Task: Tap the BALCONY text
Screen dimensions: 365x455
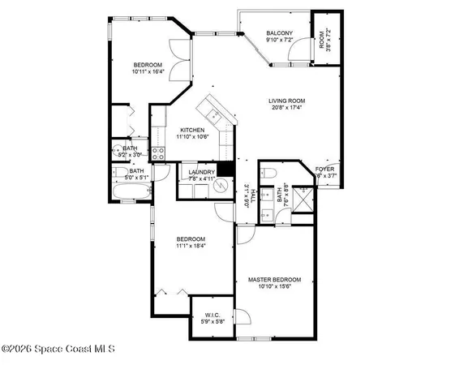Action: click(279, 32)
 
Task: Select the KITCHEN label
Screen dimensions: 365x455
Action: click(192, 131)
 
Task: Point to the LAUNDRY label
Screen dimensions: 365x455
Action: click(200, 172)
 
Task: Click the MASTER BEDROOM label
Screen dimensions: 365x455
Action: click(274, 279)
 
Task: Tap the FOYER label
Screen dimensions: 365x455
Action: click(325, 169)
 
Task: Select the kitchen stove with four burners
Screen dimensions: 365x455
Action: click(159, 151)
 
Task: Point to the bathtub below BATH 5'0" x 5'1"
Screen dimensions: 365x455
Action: click(131, 193)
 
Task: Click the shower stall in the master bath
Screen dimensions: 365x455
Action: click(303, 199)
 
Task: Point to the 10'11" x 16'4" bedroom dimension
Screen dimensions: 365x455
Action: click(148, 71)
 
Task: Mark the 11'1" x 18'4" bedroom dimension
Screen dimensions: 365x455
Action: click(192, 246)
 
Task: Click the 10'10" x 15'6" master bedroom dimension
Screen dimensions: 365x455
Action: click(274, 286)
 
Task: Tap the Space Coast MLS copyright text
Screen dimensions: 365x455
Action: click(58, 350)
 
